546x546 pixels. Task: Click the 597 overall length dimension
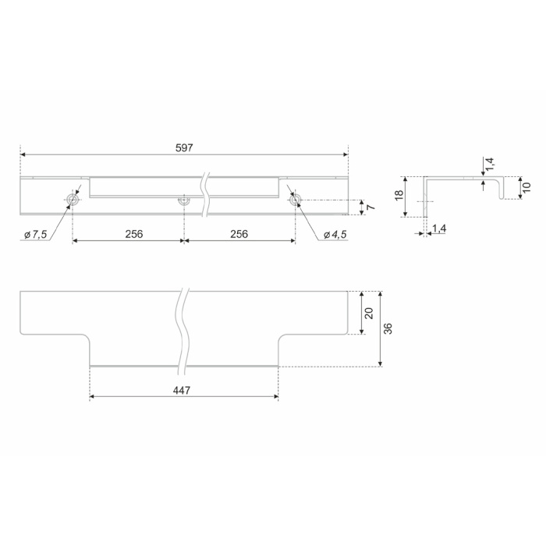184,148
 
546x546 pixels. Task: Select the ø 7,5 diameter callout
36,234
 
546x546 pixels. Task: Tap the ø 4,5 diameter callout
335,234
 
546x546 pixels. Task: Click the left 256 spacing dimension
134,234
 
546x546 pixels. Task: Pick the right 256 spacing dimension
239,234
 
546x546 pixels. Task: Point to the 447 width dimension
182,390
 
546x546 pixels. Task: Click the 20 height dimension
369,313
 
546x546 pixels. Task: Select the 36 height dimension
388,328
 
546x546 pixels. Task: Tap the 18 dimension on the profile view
399,195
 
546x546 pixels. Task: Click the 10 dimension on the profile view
526,187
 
